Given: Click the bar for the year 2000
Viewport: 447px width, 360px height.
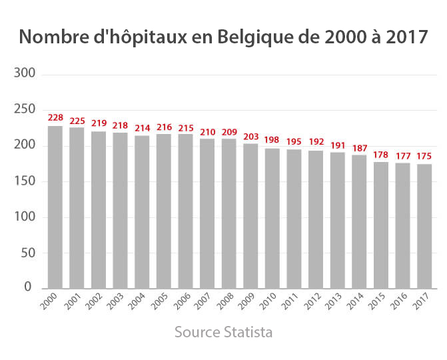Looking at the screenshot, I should pos(55,207).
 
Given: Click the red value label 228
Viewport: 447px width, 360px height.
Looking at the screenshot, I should pos(55,118).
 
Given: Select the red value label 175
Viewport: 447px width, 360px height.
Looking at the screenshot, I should pos(424,156).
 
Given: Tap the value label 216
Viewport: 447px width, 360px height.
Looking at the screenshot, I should pos(164,127).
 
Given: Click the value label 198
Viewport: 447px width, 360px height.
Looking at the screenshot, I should pos(272,140).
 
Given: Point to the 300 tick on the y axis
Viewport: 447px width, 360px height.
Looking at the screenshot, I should pos(24,74).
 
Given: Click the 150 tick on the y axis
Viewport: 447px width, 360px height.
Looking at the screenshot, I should pos(24,181).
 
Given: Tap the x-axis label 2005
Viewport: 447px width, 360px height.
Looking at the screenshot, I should pos(159,302).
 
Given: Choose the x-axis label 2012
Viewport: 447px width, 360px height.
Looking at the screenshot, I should pos(311,302).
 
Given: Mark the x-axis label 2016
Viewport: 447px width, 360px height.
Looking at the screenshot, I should pos(398,302).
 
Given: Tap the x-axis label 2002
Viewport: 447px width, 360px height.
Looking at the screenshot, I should pos(94,302).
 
